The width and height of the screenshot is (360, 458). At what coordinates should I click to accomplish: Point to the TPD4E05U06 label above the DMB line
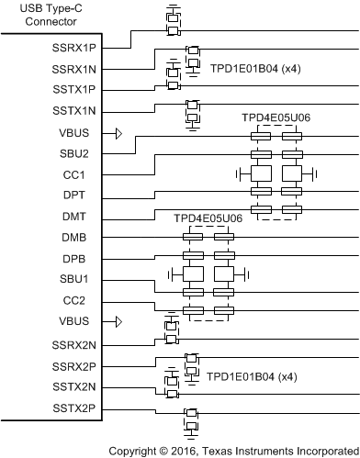click(x=208, y=218)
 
